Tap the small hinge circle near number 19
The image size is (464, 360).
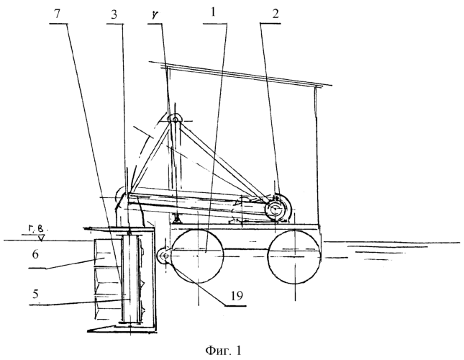165,255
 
